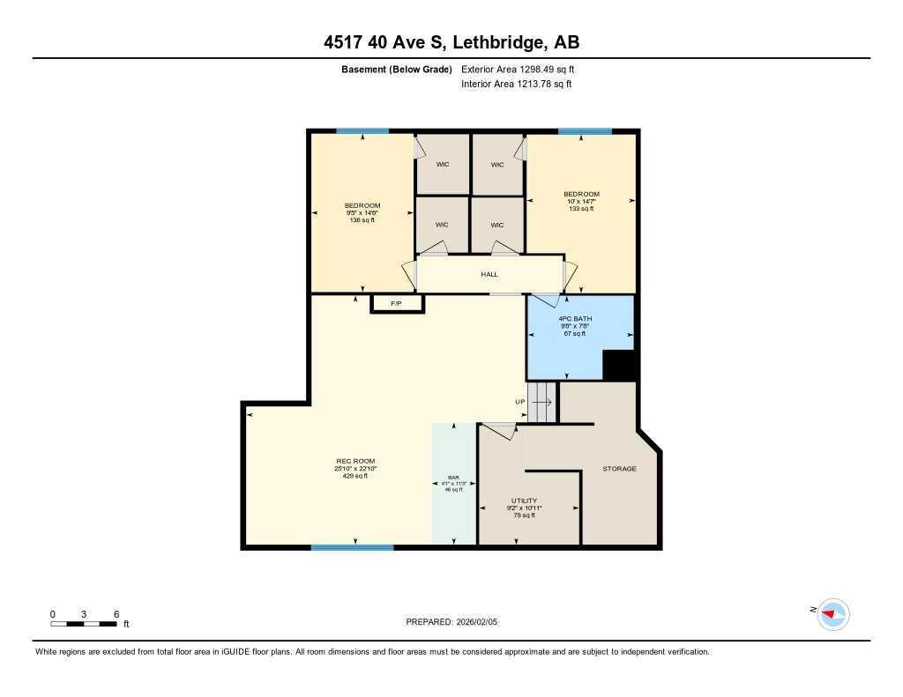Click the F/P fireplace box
(397, 304)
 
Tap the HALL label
(489, 274)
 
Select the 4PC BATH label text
(575, 318)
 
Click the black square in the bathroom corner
(619, 366)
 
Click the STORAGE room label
(619, 469)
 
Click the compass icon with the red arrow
(832, 613)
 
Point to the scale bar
(84, 624)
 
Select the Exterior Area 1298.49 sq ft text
(518, 69)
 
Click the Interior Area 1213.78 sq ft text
(516, 85)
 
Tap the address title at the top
(451, 41)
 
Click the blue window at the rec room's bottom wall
(352, 547)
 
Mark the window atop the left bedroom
(362, 131)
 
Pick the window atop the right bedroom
(584, 131)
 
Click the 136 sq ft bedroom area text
(362, 220)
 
